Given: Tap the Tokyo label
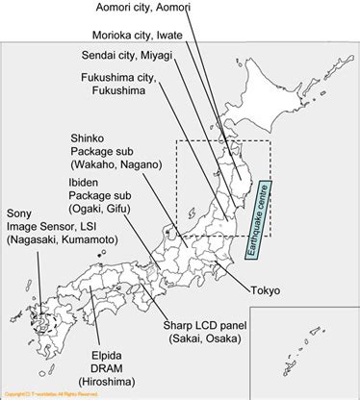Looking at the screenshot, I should click(264, 289).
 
